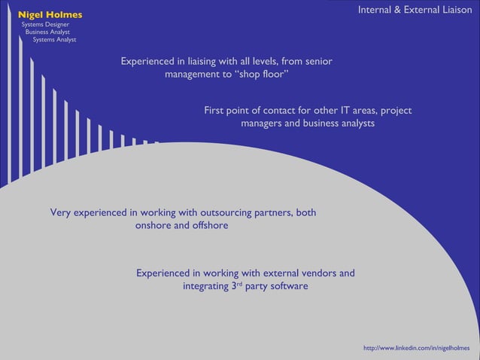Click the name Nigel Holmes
[x=50, y=14]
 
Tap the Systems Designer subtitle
[x=46, y=25]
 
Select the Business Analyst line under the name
[x=48, y=32]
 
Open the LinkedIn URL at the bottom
[x=416, y=348]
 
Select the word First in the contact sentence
[x=215, y=111]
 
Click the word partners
[x=272, y=212]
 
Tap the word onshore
[x=153, y=225]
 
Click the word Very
[x=61, y=212]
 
